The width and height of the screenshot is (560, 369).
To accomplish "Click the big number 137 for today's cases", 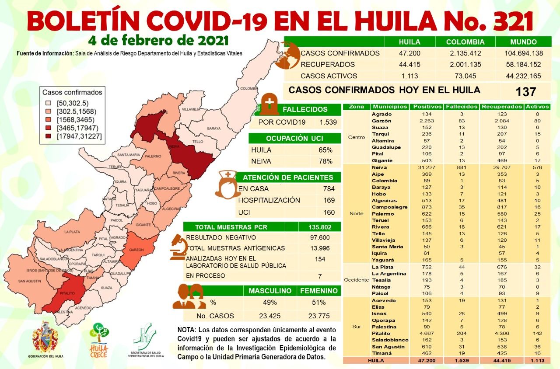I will (525, 92).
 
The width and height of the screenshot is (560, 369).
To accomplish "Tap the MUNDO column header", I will (523, 42).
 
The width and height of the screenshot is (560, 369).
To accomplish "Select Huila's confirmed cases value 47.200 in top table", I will (409, 53).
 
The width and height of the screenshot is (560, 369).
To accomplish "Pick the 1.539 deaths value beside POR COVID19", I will (328, 122).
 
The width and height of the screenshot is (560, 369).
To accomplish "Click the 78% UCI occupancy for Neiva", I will (325, 161).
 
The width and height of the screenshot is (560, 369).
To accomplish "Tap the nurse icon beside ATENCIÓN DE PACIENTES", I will (226, 184).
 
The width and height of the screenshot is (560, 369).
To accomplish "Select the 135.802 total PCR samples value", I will (319, 227).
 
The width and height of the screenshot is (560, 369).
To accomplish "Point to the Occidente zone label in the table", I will (356, 280).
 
